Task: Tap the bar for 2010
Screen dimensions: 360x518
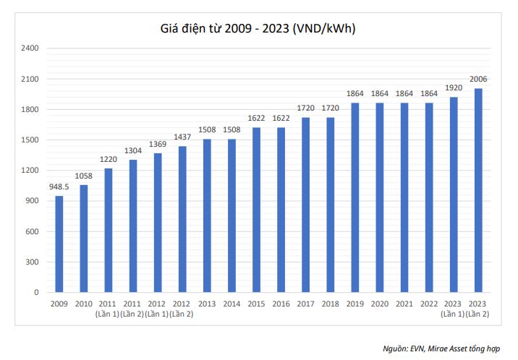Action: pyautogui.click(x=84, y=239)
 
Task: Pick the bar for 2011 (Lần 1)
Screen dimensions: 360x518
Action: pyautogui.click(x=109, y=231)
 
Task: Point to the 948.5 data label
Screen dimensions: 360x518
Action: pyautogui.click(x=59, y=188)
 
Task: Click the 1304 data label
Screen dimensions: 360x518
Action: pyautogui.click(x=133, y=152)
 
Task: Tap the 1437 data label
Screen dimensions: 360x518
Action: pyautogui.click(x=182, y=138)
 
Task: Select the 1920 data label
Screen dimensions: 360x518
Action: pyautogui.click(x=453, y=88)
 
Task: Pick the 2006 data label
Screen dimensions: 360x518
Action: pyautogui.click(x=477, y=80)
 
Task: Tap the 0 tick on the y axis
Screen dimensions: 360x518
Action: pyautogui.click(x=37, y=293)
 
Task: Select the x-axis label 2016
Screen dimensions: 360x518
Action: pyautogui.click(x=281, y=304)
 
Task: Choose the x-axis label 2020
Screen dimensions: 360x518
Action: pyautogui.click(x=379, y=304)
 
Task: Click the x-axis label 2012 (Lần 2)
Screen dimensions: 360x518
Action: pyautogui.click(x=182, y=309)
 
